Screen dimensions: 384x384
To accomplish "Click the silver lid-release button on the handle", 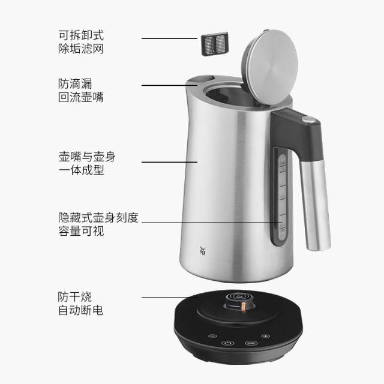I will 308,121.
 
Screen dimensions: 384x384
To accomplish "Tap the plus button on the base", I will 265,336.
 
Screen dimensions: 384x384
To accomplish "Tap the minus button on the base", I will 211,336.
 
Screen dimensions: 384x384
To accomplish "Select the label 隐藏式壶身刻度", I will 98,217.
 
